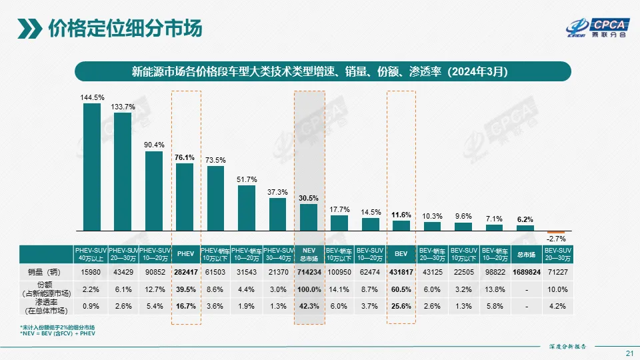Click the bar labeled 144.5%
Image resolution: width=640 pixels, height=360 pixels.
click(x=92, y=167)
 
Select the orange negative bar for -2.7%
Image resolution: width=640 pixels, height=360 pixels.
click(x=557, y=232)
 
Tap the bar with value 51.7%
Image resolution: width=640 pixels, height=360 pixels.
click(x=247, y=207)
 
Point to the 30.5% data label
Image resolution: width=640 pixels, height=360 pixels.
click(x=309, y=198)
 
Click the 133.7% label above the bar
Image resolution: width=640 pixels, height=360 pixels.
click(x=123, y=107)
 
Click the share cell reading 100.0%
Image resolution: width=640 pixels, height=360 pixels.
click(x=309, y=289)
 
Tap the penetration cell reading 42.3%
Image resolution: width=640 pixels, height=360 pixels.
click(x=309, y=307)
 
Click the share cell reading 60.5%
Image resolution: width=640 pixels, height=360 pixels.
click(x=401, y=289)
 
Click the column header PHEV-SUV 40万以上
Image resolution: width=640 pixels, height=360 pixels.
click(x=91, y=254)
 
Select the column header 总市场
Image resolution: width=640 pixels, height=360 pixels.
click(x=526, y=254)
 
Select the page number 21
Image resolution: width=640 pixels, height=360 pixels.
click(x=629, y=353)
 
